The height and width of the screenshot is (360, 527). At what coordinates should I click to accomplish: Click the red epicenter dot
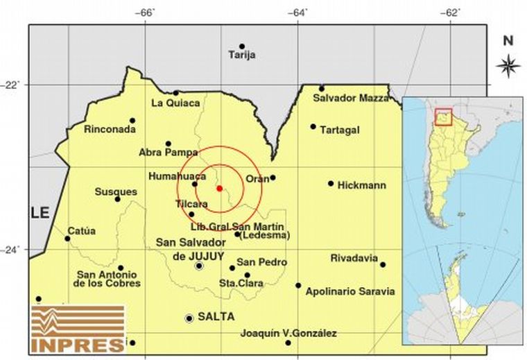point(219,188)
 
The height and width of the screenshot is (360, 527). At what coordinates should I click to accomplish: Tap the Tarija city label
point(242,55)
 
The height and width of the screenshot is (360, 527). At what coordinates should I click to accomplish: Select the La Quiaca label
point(175,103)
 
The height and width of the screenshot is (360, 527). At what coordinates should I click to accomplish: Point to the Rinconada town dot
point(132,121)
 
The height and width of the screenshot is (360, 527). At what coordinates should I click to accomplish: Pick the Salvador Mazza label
point(350,98)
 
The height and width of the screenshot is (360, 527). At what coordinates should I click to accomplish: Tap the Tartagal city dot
point(313,126)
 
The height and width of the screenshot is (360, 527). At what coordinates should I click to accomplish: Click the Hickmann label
point(361,185)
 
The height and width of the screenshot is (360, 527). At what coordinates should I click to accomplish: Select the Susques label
point(116,191)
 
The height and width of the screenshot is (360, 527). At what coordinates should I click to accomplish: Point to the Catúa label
point(82,231)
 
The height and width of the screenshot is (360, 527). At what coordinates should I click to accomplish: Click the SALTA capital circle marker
point(189,318)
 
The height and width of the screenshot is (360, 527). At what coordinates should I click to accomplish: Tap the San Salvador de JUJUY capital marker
point(199,266)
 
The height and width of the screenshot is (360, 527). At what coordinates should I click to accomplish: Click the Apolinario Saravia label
point(349,291)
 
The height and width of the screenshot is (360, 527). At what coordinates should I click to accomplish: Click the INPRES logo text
point(77,343)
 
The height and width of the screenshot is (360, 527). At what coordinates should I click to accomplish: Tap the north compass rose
point(508,66)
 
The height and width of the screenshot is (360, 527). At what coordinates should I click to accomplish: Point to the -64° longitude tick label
point(299,12)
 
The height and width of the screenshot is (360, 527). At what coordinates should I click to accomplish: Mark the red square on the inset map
point(443,117)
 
